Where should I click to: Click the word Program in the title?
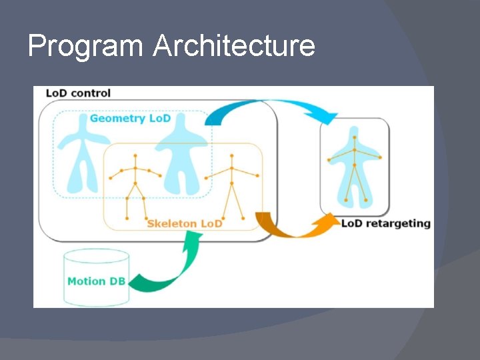85,47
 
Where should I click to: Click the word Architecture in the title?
233,45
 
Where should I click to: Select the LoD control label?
78,93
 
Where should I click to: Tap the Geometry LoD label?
130,118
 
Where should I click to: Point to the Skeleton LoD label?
185,223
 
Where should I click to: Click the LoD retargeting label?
385,223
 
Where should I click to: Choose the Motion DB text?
96,281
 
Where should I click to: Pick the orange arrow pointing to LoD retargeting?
293,227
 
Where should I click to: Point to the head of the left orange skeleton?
135,156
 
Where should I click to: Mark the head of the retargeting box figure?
354,136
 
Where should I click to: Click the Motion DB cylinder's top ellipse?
96,256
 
